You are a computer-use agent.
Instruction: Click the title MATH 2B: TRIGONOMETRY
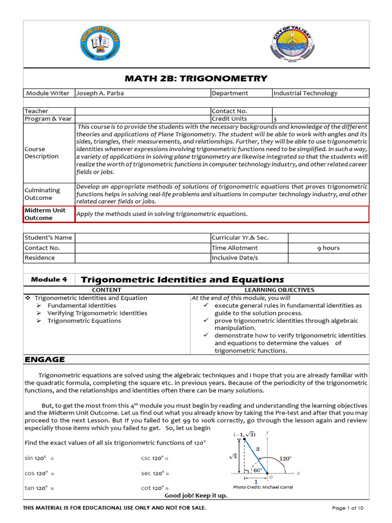pyautogui.click(x=196, y=78)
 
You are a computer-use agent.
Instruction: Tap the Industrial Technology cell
pyautogui.click(x=305, y=93)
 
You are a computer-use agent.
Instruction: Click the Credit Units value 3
pyautogui.click(x=275, y=119)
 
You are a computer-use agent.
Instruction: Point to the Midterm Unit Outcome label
pyautogui.click(x=45, y=214)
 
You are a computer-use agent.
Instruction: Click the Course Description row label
pyautogui.click(x=42, y=153)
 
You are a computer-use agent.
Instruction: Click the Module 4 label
pyautogui.click(x=49, y=280)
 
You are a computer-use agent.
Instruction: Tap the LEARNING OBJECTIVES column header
pyautogui.click(x=279, y=290)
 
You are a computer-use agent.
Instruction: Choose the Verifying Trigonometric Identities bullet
pyautogui.click(x=97, y=313)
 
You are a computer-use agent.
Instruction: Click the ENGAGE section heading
pyautogui.click(x=45, y=360)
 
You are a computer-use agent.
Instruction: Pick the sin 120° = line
pyautogui.click(x=39, y=458)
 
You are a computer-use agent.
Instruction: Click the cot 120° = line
pyautogui.click(x=155, y=488)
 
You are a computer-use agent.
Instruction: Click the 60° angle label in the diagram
pyautogui.click(x=258, y=470)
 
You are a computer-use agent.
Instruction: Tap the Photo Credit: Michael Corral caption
pyautogui.click(x=263, y=487)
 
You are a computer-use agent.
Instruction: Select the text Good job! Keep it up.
pyautogui.click(x=195, y=496)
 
